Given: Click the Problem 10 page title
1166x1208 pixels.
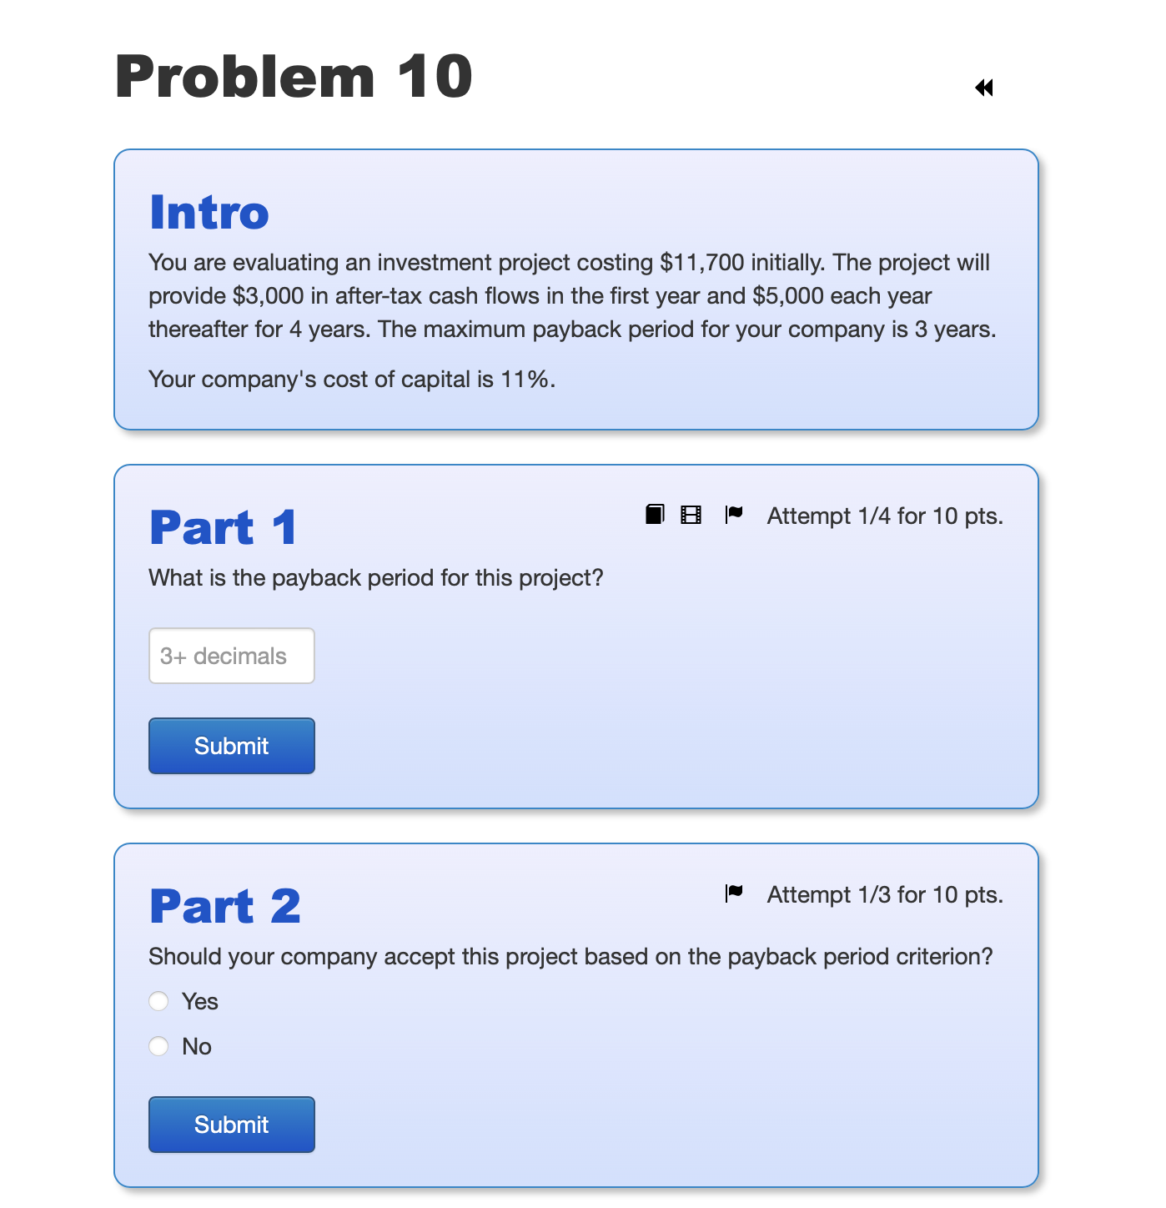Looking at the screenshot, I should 294,77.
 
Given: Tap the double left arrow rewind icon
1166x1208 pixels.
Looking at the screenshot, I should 984,88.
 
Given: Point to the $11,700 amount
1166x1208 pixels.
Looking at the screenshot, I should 701,263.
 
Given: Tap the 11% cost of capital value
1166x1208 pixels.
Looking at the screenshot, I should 525,380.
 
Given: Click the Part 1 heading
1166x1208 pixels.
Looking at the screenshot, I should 223,527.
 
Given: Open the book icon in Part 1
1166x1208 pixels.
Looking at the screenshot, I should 655,515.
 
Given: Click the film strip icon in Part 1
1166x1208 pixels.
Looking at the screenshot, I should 691,515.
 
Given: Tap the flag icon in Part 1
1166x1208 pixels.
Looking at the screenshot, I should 734,515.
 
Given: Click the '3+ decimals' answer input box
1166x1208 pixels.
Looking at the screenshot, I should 232,656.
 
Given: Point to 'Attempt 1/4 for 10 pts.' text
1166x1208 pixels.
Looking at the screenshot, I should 885,516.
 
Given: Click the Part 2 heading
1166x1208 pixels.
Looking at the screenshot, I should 225,906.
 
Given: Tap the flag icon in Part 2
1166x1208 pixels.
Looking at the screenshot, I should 734,893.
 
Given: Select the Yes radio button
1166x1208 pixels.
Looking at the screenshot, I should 158,1001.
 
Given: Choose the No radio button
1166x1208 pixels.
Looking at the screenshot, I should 158,1046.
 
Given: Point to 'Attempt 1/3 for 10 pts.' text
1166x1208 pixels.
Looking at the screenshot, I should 885,895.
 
